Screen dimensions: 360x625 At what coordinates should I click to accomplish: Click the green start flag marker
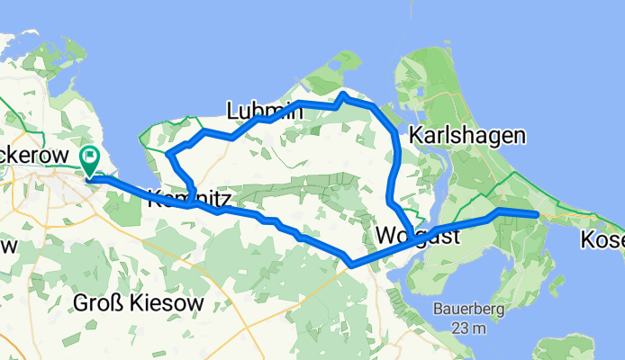(91, 160)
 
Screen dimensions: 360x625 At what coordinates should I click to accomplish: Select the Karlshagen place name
(466, 136)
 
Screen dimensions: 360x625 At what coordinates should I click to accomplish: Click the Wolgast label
(417, 236)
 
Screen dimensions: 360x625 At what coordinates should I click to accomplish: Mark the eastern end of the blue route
(537, 214)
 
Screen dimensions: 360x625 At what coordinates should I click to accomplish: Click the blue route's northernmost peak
(343, 94)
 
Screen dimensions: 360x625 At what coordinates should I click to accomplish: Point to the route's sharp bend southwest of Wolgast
(350, 264)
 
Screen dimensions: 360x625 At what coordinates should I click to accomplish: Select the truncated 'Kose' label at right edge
(602, 240)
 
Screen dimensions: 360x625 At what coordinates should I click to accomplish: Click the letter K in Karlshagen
(417, 136)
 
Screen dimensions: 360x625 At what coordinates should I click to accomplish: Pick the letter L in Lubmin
(232, 111)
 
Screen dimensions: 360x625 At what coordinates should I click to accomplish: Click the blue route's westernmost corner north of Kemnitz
(169, 155)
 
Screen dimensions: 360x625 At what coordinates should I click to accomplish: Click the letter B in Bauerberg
(437, 311)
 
